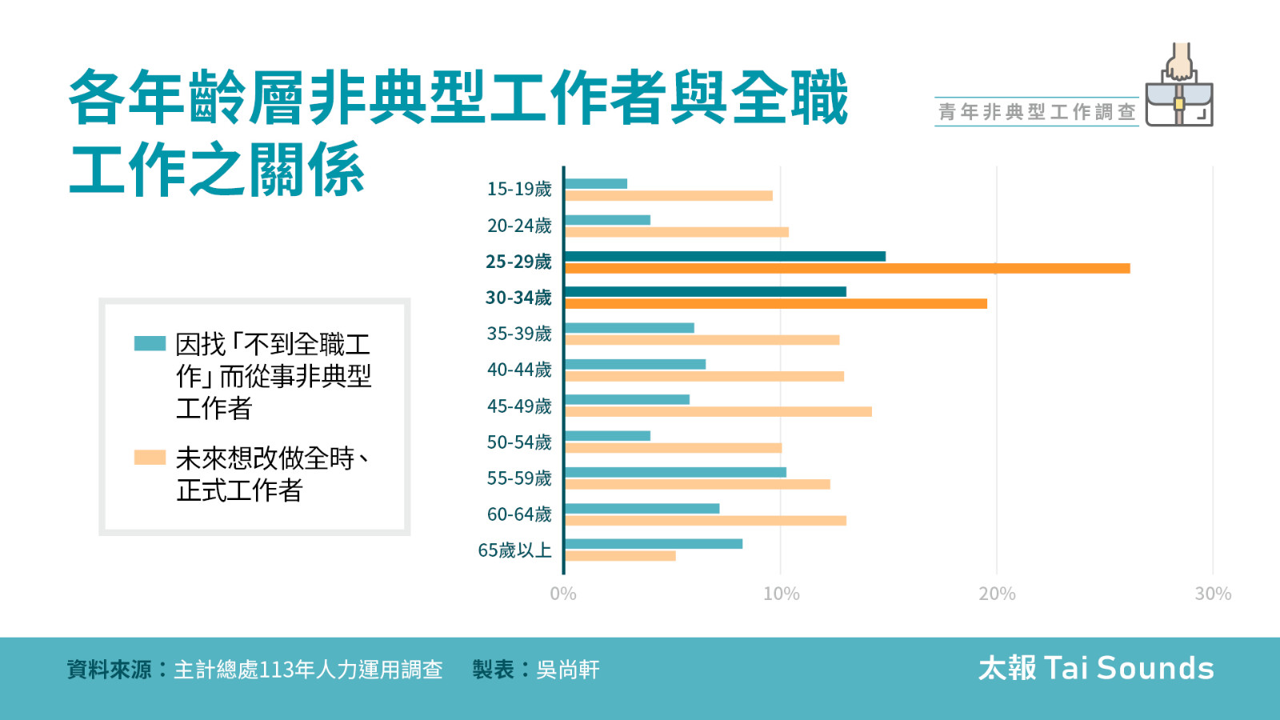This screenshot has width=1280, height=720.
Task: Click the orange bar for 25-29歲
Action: (x=846, y=268)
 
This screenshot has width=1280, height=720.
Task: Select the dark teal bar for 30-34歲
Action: (x=705, y=291)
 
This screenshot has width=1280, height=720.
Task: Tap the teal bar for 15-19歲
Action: (x=596, y=184)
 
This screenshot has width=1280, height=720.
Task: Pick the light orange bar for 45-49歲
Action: (x=718, y=412)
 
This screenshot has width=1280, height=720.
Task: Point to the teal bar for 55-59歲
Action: (x=675, y=472)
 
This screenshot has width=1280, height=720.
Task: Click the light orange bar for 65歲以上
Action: (x=620, y=556)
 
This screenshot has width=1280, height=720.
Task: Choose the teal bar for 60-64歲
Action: (x=642, y=509)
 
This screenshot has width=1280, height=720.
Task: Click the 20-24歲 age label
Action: (x=519, y=226)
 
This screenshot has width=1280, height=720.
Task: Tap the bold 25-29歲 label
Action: (x=518, y=262)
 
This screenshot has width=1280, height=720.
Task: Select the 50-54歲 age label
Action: (x=519, y=442)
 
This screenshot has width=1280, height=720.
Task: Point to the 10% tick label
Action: (x=781, y=594)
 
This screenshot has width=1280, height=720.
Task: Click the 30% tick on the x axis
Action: (x=1213, y=594)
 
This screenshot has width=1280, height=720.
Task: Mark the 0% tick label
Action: (x=563, y=594)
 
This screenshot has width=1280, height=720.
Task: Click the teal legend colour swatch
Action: (x=150, y=344)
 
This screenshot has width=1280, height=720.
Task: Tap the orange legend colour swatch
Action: (x=150, y=458)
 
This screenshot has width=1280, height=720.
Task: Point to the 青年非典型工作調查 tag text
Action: (x=1037, y=112)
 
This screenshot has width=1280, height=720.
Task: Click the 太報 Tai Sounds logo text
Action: (x=1096, y=668)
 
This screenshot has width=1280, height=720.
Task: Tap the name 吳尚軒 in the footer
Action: (x=567, y=670)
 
